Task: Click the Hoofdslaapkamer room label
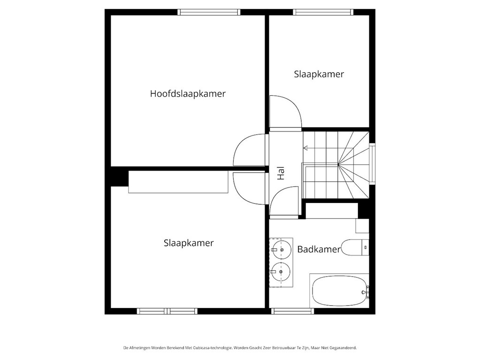point(188,93)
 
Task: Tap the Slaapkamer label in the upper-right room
point(319,74)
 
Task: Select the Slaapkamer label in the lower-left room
point(189,243)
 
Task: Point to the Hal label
point(281,174)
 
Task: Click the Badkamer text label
point(319,249)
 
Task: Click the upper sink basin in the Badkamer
point(281,249)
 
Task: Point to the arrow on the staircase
point(306,148)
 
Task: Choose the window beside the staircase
point(373,164)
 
